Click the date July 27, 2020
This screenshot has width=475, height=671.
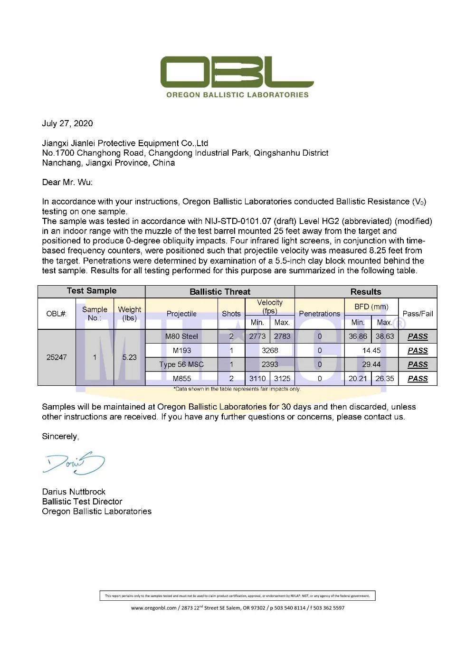[67, 123]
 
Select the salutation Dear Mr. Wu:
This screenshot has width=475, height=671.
[67, 182]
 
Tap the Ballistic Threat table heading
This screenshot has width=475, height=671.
[220, 291]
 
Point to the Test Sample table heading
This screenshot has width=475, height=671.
[92, 290]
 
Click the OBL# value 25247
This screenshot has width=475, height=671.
[57, 357]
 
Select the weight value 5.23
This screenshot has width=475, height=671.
[129, 357]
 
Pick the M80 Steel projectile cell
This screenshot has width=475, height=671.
[181, 336]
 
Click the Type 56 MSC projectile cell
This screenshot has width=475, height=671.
[181, 364]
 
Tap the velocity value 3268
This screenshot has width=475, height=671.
[270, 350]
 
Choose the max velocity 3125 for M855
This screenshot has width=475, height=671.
[282, 378]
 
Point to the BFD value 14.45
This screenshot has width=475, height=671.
[371, 350]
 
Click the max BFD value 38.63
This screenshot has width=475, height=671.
[385, 336]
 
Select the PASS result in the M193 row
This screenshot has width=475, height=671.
[418, 350]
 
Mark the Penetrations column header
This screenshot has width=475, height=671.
[320, 314]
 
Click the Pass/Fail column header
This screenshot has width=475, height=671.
[418, 314]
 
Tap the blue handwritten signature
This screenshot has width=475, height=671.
[74, 463]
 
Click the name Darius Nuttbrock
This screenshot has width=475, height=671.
[74, 492]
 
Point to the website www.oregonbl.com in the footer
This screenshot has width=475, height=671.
[154, 608]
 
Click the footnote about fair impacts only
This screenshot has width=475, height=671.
[237, 389]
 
